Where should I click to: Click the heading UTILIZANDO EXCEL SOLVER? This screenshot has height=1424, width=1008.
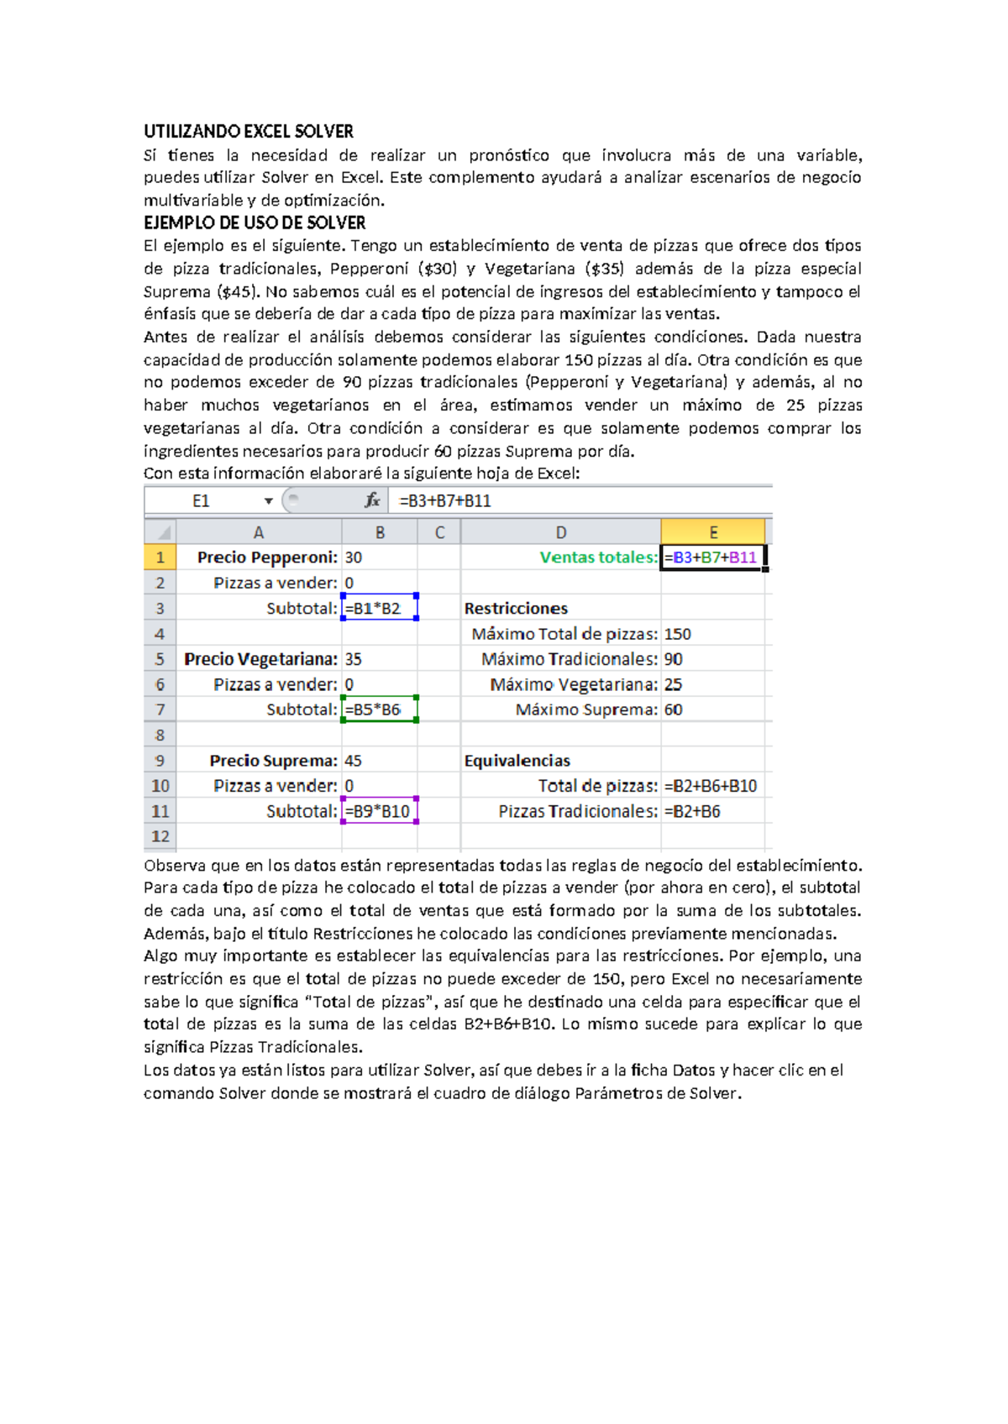[x=249, y=131]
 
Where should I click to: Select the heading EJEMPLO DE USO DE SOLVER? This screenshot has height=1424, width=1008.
[x=255, y=222]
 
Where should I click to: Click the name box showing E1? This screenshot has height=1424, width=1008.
[x=201, y=501]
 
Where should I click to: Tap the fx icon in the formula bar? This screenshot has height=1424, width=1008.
[x=372, y=500]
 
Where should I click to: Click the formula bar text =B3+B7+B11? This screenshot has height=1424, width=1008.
[x=445, y=501]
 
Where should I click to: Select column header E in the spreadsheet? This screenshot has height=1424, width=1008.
[x=712, y=532]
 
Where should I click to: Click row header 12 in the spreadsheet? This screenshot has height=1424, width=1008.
[x=160, y=836]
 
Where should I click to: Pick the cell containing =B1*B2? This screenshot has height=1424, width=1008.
[x=379, y=609]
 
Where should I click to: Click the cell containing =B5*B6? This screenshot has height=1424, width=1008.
[x=379, y=709]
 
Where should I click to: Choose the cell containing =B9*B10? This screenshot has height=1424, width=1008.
[x=379, y=811]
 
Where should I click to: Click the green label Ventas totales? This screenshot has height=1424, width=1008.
[x=598, y=558]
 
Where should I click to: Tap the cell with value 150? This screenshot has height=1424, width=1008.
[x=678, y=634]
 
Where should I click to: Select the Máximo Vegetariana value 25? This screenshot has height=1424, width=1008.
[x=674, y=684]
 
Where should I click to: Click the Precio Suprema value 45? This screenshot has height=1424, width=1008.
[x=353, y=761]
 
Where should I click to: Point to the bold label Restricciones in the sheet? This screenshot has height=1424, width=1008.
[x=516, y=609]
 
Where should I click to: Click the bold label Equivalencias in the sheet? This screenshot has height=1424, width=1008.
[x=517, y=761]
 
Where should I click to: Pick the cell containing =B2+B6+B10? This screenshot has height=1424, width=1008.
[x=711, y=786]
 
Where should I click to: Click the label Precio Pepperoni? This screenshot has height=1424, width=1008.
[x=267, y=558]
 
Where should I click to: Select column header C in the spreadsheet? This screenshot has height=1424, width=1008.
[x=439, y=532]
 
